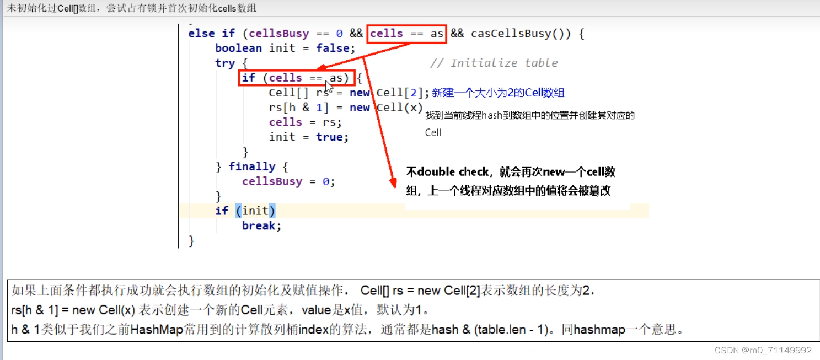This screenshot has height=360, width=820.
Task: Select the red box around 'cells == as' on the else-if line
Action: [406, 34]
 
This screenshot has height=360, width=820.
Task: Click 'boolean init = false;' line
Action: [285, 49]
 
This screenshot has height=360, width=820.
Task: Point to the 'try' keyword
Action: [225, 63]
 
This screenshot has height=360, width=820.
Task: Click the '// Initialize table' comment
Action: [494, 63]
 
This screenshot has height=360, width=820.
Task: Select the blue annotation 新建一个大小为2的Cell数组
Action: [498, 93]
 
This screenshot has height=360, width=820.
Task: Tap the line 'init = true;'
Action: [308, 137]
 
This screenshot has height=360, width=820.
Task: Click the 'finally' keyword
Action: [251, 166]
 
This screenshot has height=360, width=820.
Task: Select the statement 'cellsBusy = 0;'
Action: [288, 181]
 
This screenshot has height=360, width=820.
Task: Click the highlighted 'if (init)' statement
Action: [245, 211]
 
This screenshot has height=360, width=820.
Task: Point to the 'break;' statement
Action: [261, 225]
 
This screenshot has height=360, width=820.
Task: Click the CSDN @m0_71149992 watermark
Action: [763, 350]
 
